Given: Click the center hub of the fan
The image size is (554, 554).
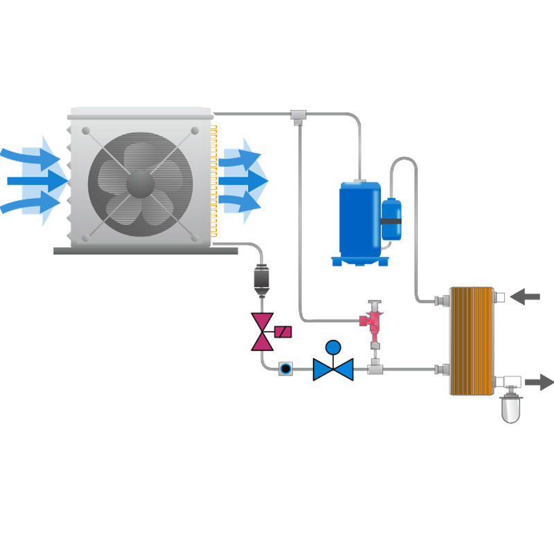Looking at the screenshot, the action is pyautogui.click(x=141, y=184).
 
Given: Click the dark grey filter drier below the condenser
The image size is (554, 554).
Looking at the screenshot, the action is pyautogui.click(x=262, y=278).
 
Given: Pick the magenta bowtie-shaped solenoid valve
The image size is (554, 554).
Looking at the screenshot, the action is pyautogui.click(x=262, y=331).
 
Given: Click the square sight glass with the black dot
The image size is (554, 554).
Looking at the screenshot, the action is pyautogui.click(x=285, y=368).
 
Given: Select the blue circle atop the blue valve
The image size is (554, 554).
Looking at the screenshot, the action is pyautogui.click(x=333, y=347).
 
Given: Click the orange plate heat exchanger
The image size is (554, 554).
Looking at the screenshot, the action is pyautogui.click(x=474, y=341).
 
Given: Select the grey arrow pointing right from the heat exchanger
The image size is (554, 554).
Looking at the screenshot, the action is pyautogui.click(x=539, y=382).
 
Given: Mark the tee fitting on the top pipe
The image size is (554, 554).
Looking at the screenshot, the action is pyautogui.click(x=298, y=114).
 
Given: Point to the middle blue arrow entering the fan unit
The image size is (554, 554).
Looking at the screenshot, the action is pyautogui.click(x=38, y=181).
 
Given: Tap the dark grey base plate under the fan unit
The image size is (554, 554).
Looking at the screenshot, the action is pyautogui.click(x=138, y=250).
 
